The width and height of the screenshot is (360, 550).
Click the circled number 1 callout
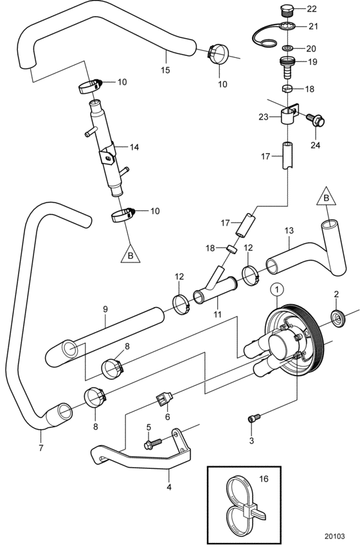click(x=276, y=289)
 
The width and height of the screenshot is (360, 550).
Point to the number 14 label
click(x=134, y=147)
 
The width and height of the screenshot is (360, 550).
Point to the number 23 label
click(x=264, y=117)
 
